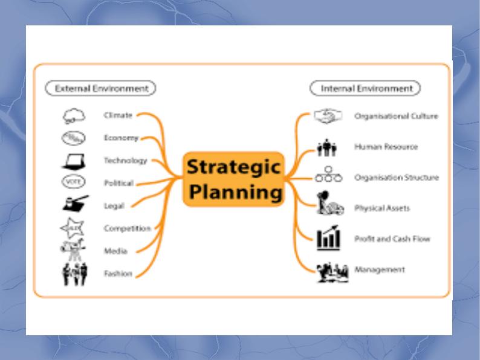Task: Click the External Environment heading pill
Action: (101, 88)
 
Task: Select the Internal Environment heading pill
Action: (365, 88)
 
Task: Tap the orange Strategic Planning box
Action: (233, 179)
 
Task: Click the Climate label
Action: (117, 114)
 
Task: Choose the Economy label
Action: (121, 138)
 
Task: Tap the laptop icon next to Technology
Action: (72, 161)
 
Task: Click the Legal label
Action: (114, 206)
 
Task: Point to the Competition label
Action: (127, 228)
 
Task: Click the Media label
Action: (115, 251)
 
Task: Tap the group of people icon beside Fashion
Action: (74, 274)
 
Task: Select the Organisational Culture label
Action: (396, 116)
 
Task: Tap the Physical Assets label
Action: (382, 208)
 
